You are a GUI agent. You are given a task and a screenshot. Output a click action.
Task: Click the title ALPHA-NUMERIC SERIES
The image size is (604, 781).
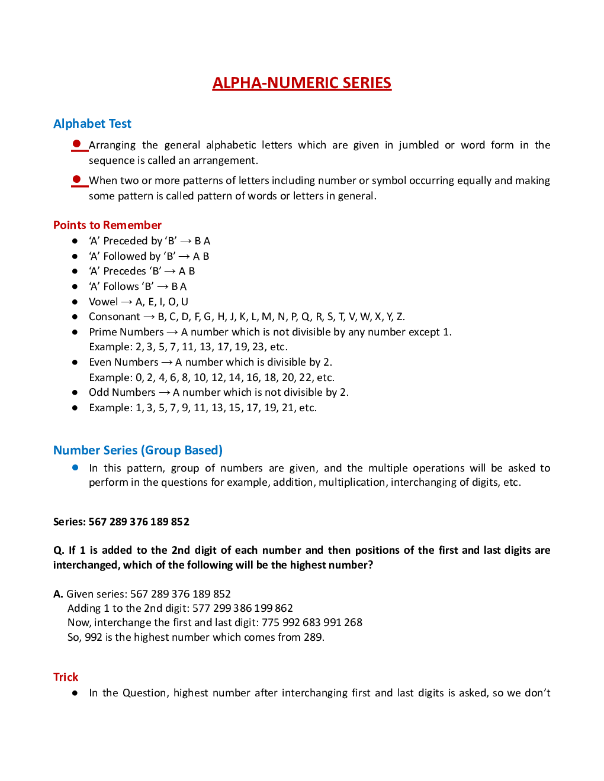(301, 83)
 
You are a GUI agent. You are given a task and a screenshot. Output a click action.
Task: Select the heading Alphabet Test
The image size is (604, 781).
(92, 124)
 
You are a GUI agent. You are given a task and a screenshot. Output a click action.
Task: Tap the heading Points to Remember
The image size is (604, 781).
(107, 225)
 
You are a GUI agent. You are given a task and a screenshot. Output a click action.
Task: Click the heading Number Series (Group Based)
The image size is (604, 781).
(138, 450)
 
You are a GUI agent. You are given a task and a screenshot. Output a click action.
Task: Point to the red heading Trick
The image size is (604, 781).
(66, 677)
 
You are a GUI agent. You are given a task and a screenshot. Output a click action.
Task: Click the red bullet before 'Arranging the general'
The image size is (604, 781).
(76, 144)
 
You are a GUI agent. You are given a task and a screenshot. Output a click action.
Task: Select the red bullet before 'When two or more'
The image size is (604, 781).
(76, 179)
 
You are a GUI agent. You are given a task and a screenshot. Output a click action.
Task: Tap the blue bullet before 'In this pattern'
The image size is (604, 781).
(75, 467)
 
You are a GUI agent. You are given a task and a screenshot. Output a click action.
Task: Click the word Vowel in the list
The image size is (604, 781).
(103, 302)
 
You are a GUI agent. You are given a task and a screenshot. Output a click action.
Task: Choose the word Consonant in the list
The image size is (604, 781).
(114, 317)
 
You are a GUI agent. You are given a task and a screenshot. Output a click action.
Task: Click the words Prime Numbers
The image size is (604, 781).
(126, 332)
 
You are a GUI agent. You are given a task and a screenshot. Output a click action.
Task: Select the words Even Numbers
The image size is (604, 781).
(124, 362)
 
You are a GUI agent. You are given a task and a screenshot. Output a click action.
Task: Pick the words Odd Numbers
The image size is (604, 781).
(122, 392)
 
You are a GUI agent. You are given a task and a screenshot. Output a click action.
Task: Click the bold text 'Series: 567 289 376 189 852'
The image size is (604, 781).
(121, 522)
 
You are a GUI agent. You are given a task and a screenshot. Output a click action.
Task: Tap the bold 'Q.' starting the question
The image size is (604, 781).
(58, 550)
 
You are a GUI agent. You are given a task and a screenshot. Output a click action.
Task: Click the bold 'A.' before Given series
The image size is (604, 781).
(58, 594)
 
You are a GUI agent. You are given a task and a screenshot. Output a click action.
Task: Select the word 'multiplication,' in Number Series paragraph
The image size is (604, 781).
(352, 482)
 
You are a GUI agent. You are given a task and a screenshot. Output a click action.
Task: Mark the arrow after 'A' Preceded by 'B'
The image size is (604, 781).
(185, 241)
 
